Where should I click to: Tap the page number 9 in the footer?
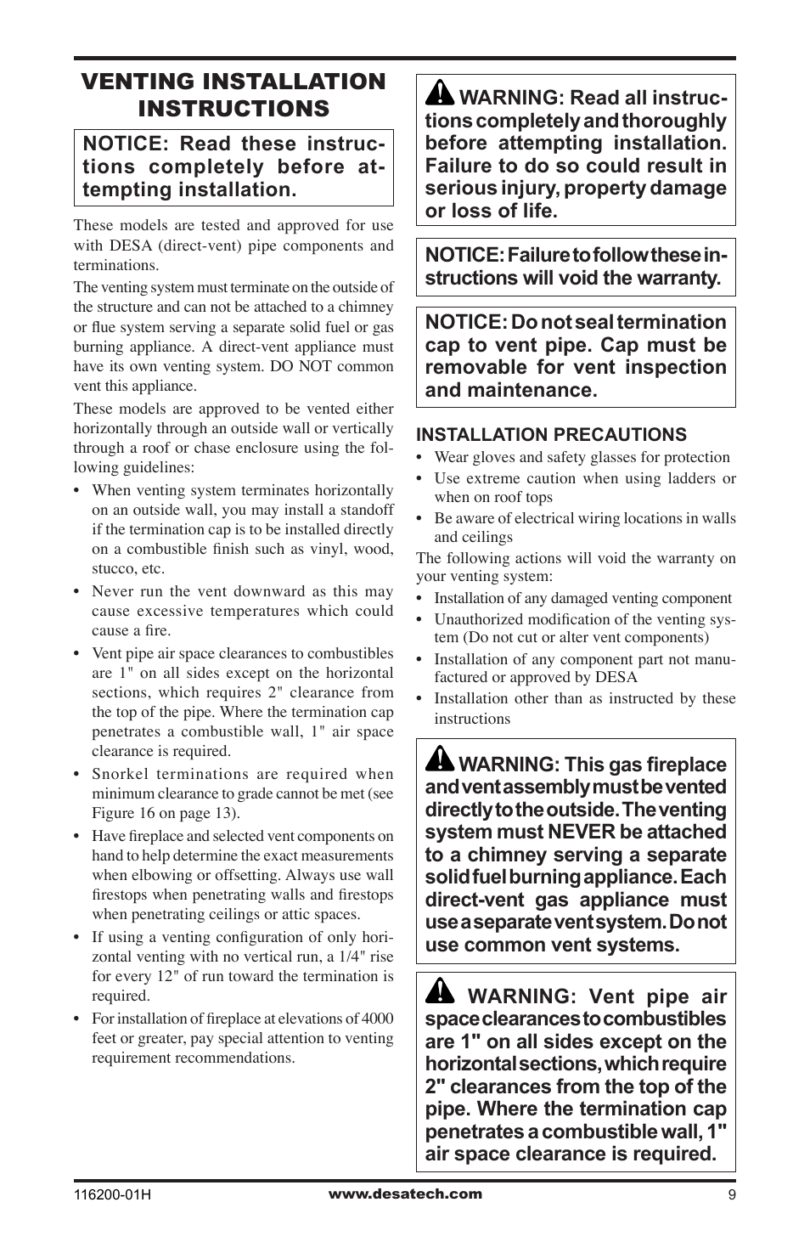tap(730, 1194)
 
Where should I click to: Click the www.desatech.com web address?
tap(405, 1194)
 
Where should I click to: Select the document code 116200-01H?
tap(112, 1194)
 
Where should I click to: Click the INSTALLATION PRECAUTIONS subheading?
tap(551, 435)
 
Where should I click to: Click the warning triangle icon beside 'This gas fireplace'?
tap(438, 759)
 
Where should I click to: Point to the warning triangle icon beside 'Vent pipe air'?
tap(440, 991)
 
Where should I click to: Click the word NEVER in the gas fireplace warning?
tap(581, 833)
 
